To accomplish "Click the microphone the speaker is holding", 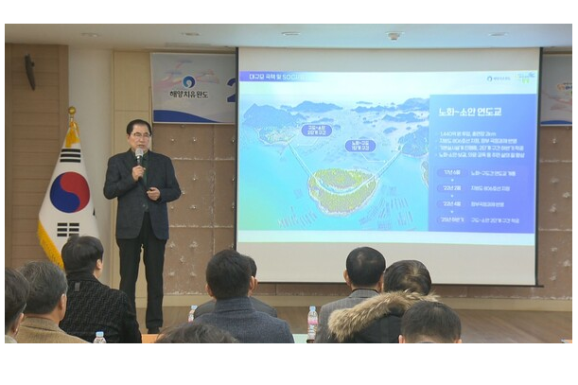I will pos(139,153).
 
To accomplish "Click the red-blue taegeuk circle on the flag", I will pos(70,192).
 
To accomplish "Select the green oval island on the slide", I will pos(342,189).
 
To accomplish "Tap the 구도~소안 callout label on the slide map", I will pos(316,131).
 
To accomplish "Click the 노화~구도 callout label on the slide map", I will pos(359,145).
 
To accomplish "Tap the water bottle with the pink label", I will pos(312,321).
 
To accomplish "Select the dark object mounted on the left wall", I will pos(30,71).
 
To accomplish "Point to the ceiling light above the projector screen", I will pos(394,36).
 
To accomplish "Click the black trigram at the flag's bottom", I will pos(70,228).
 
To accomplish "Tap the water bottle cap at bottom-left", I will pos(99,334).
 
